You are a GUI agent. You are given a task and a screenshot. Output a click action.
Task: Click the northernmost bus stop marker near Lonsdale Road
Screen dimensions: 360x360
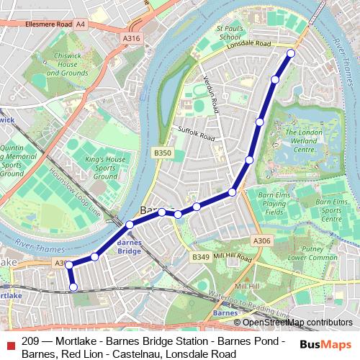tap(291, 53)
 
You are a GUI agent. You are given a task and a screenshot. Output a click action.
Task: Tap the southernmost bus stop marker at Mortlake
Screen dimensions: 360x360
tap(73, 287)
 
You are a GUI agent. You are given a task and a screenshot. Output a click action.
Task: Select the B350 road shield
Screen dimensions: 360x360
tap(163, 153)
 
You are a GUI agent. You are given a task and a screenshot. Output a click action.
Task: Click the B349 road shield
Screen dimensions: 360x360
tap(200, 256)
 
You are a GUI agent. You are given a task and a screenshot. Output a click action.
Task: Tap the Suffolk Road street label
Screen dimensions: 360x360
tap(197, 133)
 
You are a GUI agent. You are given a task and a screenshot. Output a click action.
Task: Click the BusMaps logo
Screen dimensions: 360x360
tap(326, 344)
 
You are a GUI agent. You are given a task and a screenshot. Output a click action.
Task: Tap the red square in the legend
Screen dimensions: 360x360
tap(9, 342)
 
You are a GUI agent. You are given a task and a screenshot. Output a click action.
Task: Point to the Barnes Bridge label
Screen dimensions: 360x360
tap(128, 248)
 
